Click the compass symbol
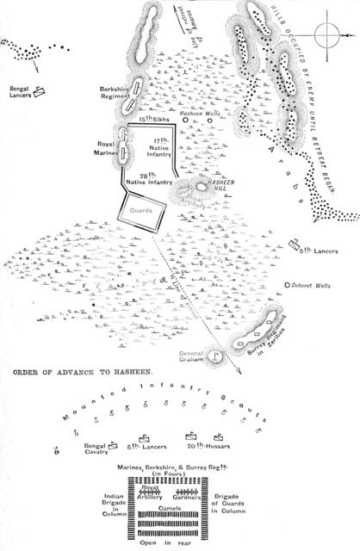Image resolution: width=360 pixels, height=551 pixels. (328, 34)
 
